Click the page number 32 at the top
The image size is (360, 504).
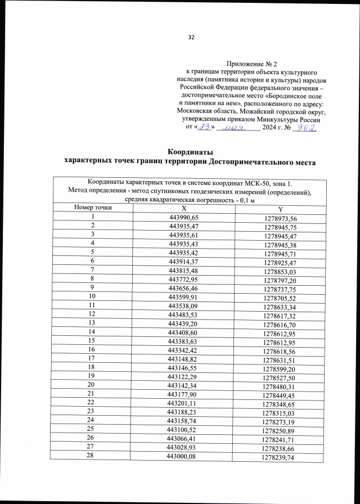click(x=191, y=37)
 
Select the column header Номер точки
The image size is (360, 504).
click(x=92, y=208)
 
